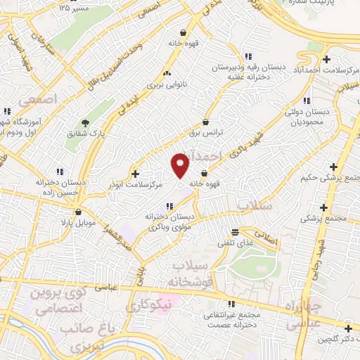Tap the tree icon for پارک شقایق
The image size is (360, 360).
click(86, 124)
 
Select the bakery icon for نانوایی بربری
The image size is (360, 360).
click(167, 73)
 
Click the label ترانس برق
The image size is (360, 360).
click(206, 131)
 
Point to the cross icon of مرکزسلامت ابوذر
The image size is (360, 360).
click(135, 173)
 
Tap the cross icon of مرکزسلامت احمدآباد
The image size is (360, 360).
click(325, 58)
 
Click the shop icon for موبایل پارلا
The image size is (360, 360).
click(78, 212)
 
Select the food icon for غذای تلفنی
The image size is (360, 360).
click(235, 232)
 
